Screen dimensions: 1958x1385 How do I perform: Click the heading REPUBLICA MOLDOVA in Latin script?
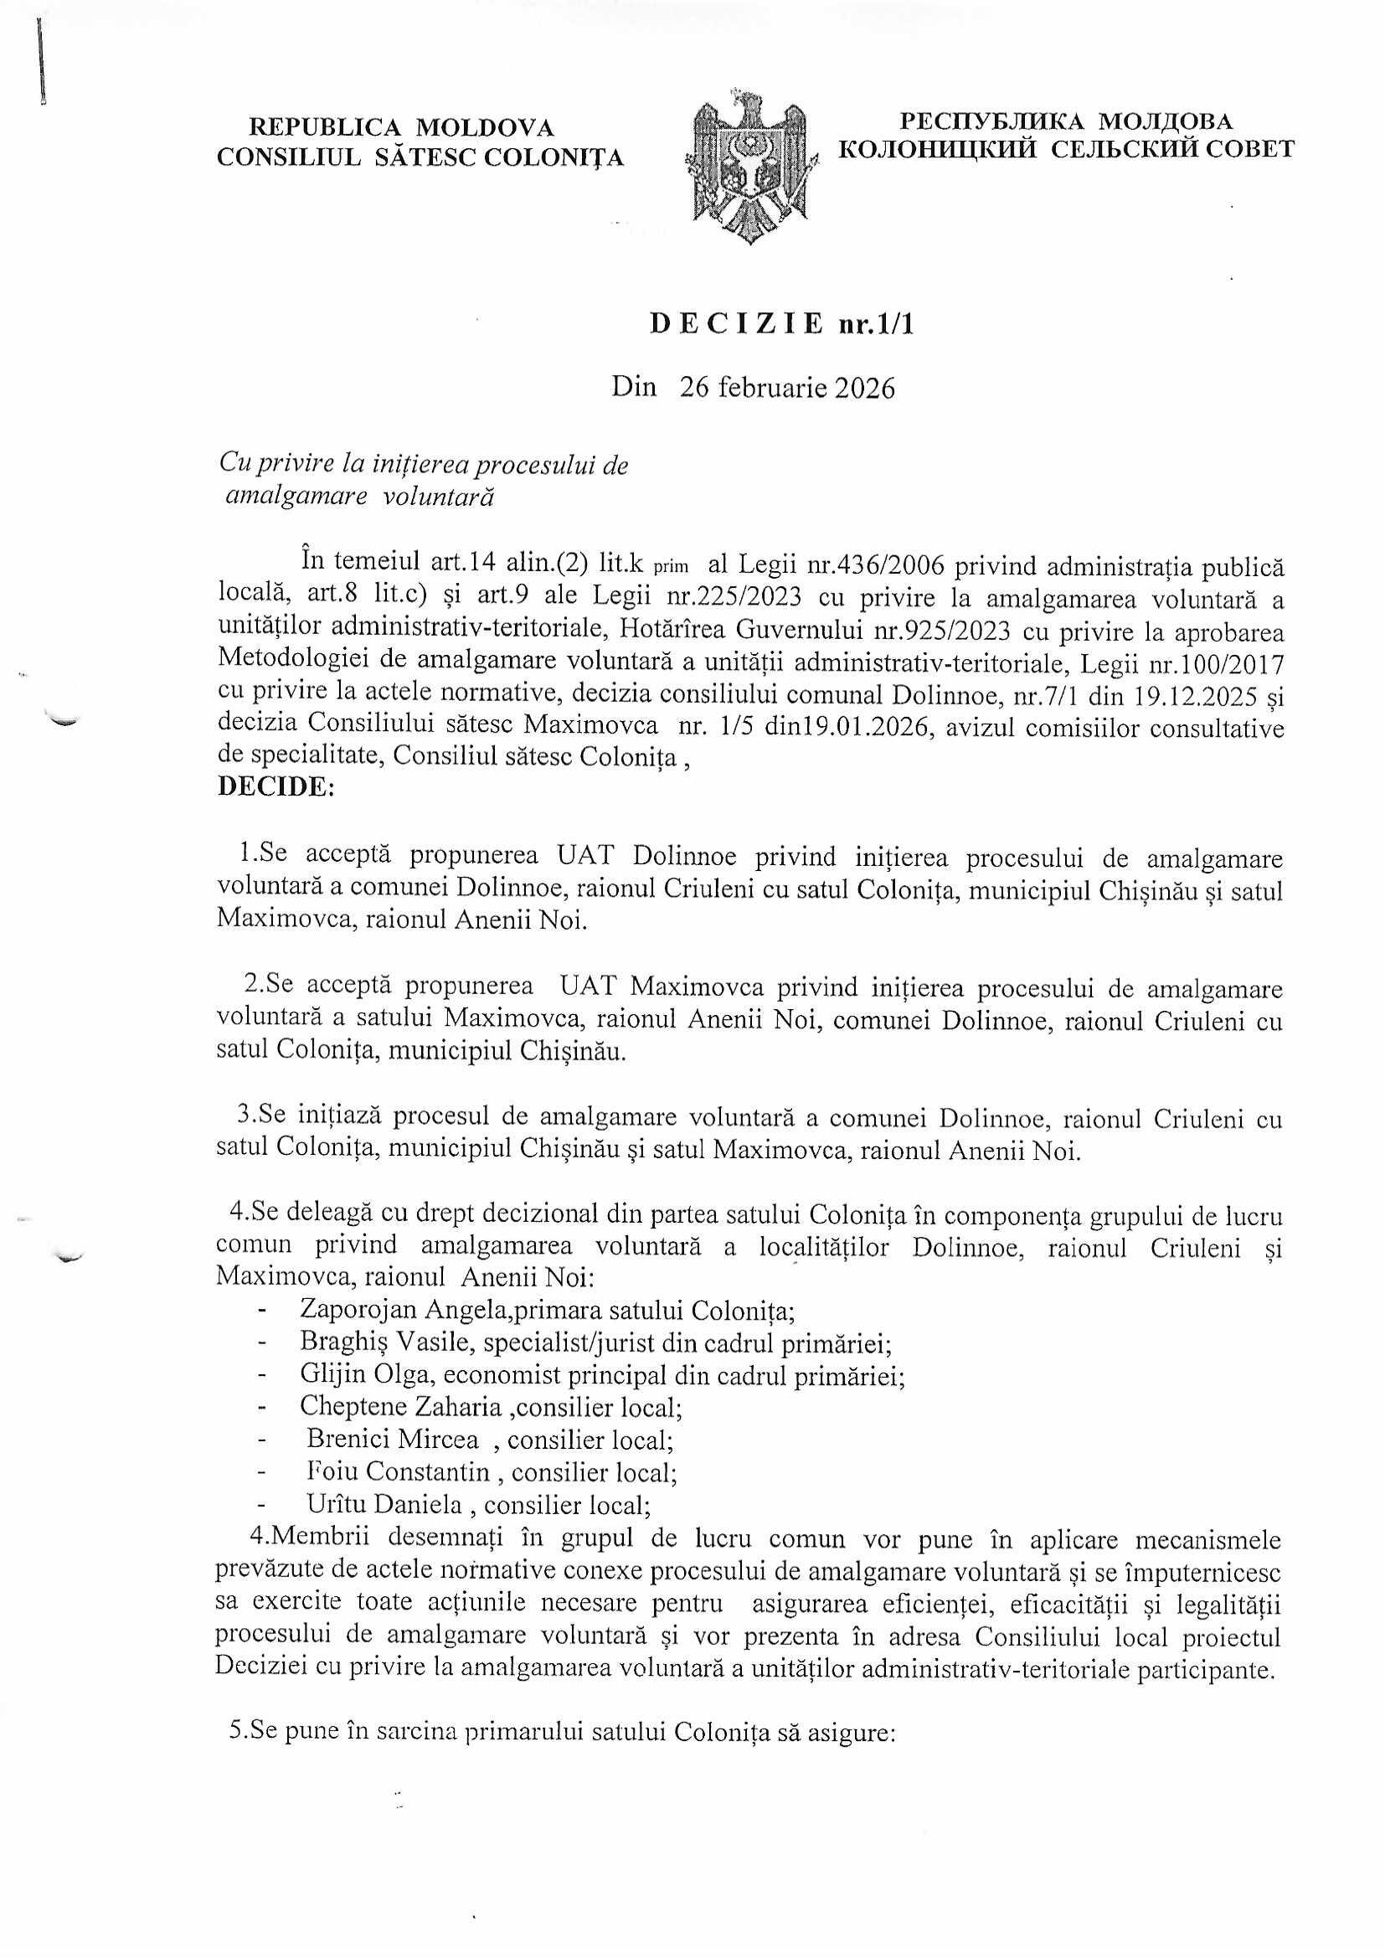(x=401, y=128)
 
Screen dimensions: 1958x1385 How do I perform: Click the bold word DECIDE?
(x=275, y=786)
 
